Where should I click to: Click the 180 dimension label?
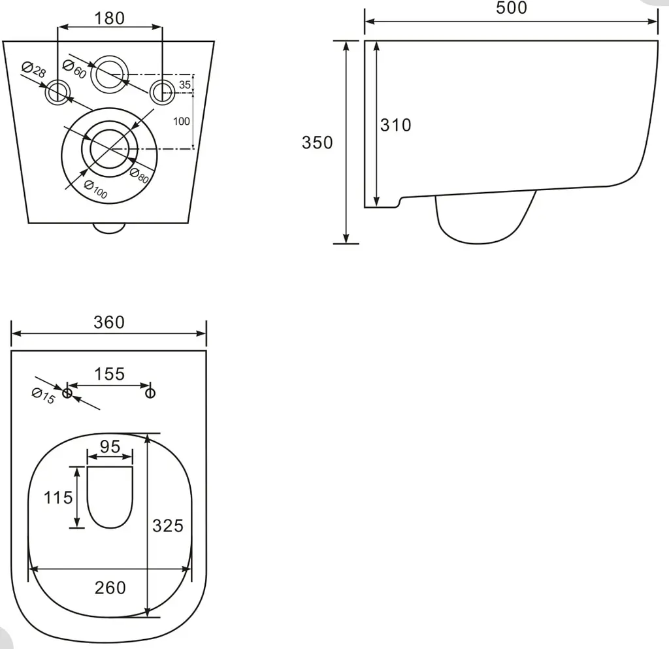[x=109, y=18]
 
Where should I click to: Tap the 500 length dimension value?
[x=511, y=8]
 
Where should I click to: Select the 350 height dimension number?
[x=317, y=142]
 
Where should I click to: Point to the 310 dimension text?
[x=395, y=125]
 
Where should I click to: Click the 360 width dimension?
[x=109, y=322]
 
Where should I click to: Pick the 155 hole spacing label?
[x=109, y=374]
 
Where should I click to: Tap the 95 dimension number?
[x=110, y=447]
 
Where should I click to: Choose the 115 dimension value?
[x=58, y=497]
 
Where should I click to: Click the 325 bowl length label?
[x=168, y=525]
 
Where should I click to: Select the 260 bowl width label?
[x=110, y=588]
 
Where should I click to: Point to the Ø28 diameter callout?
[x=34, y=70]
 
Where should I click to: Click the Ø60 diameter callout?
[x=74, y=70]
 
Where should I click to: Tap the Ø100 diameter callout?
[x=95, y=190]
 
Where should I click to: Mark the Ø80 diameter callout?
[x=139, y=175]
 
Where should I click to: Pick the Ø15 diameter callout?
[x=44, y=396]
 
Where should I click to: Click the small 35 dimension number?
[x=185, y=85]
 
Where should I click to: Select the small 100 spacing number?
[x=182, y=121]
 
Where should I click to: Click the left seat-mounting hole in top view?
[x=67, y=393]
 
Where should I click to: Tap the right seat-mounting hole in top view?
[x=150, y=393]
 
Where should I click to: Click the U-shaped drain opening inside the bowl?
[x=110, y=527]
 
